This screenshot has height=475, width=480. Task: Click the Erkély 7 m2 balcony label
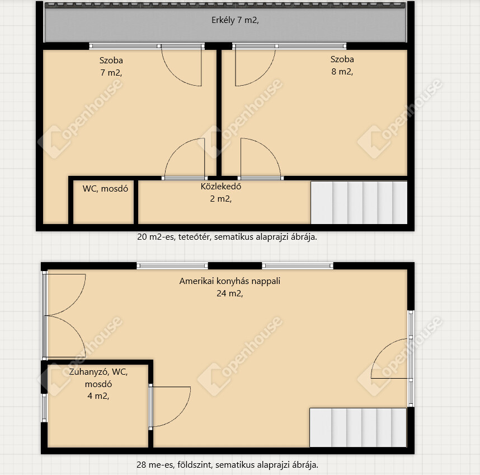(235, 20)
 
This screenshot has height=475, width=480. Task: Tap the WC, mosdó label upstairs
(105, 189)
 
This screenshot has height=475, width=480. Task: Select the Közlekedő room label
(221, 187)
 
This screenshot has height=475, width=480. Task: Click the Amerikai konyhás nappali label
(229, 281)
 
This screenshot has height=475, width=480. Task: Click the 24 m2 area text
(229, 294)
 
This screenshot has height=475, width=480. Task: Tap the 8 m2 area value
(342, 71)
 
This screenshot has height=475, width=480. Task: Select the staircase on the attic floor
(359, 203)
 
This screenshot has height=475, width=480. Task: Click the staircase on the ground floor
(358, 427)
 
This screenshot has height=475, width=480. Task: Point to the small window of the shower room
(44, 408)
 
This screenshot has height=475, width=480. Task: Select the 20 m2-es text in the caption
(156, 237)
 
